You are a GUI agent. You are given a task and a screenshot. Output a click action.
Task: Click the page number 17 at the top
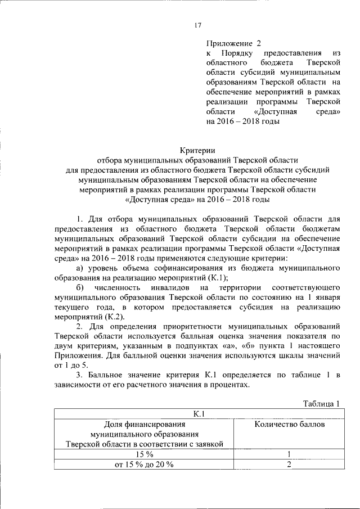[x=197, y=25]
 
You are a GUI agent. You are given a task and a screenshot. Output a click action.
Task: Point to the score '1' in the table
[x=289, y=454]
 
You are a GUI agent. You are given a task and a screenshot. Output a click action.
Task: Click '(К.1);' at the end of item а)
[x=217, y=278]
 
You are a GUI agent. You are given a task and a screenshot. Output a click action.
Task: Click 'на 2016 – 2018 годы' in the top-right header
[x=242, y=121]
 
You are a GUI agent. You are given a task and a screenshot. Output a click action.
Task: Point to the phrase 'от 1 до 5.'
[x=72, y=365]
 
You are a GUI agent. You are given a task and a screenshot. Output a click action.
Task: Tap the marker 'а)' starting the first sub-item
[x=81, y=268]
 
